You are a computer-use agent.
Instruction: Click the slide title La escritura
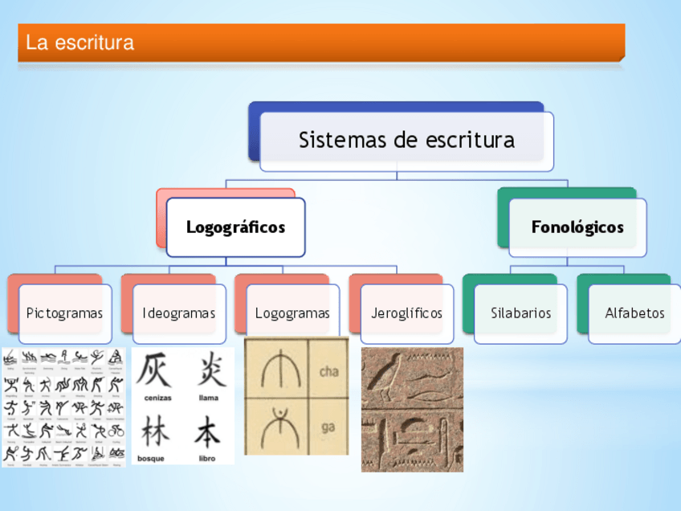pos(80,43)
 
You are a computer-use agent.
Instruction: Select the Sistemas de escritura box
pos(406,141)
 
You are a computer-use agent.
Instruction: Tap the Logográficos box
pos(235,227)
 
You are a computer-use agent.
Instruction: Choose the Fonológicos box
pos(577,227)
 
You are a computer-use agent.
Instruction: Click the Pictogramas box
pos(64,313)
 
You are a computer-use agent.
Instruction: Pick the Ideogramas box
pos(178,313)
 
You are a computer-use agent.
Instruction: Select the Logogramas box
pos(292,313)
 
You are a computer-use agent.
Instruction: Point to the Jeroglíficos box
pos(406,313)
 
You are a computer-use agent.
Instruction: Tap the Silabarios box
pos(520,313)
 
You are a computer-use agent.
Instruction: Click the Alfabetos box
pos(634,313)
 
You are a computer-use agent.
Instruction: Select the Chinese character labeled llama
pos(209,371)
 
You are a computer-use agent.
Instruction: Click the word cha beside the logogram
pos(328,371)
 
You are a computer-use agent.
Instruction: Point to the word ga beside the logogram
pos(328,427)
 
